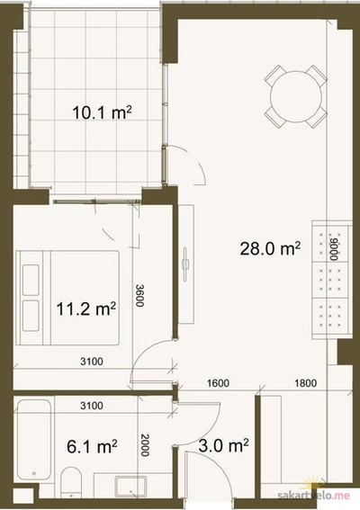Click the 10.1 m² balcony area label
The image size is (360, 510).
coord(103,112)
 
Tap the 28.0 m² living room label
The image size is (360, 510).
coord(270,248)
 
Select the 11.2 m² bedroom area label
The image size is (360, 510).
coord(86,309)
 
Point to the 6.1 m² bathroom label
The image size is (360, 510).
coord(92,446)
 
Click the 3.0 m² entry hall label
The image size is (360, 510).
coord(223,445)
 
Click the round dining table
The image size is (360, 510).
coord(296,96)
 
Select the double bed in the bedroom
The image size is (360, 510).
coord(67,298)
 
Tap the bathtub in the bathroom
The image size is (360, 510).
coord(34,440)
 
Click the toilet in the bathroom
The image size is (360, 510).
coord(71,482)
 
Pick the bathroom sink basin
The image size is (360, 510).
coord(131,487)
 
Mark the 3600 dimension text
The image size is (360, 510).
coord(140,295)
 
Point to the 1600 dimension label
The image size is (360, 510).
coord(218,383)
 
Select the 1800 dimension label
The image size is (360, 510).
coord(306,383)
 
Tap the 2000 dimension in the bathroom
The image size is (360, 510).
coord(145,445)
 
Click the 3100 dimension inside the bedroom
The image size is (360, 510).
coord(92,362)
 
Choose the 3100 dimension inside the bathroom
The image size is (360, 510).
coord(92,406)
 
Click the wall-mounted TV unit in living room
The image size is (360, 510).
coord(186,264)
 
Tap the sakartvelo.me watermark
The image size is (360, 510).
coord(314,496)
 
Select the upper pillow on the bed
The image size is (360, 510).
coord(31,280)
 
